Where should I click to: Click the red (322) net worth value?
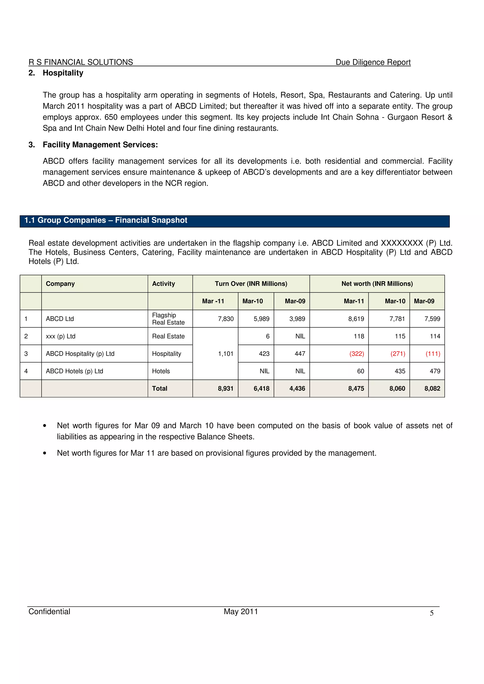356,354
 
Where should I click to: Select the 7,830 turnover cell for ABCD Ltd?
225,319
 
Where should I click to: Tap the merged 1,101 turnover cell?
225,354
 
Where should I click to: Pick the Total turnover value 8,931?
225,388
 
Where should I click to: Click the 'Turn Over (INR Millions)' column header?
251,284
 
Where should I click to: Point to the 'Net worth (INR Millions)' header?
377,284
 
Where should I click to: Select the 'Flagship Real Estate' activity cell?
168,319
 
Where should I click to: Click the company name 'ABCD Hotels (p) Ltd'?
74,371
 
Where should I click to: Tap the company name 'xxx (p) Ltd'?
60,336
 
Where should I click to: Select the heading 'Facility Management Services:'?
100,145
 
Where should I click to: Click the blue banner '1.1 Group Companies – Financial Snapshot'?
106,220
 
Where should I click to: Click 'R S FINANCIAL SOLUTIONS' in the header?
81,62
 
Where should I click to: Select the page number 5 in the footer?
431,613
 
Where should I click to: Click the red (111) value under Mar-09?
433,354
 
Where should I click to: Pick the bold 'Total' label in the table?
160,388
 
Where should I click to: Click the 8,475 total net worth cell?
356,388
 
